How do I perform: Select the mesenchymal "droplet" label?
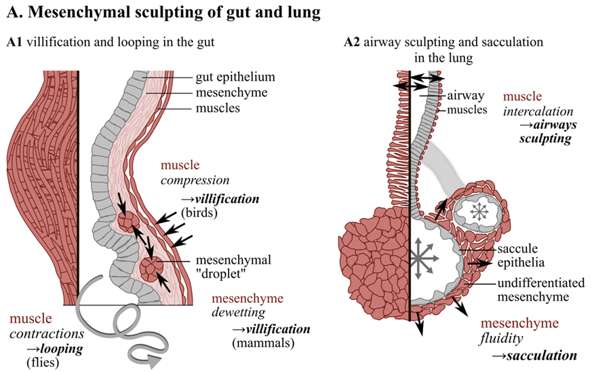[233, 267]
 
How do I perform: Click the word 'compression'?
[196, 181]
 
